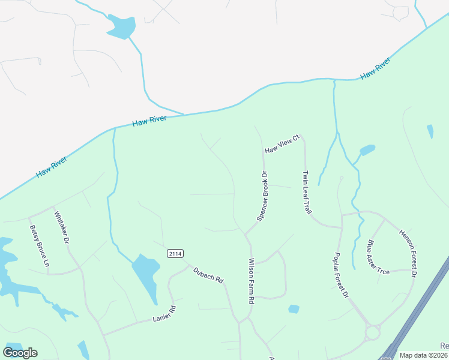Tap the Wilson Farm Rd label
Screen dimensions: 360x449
click(252, 280)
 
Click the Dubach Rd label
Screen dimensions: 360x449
click(208, 275)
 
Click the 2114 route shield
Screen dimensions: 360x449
click(175, 254)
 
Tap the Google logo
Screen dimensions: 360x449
click(20, 353)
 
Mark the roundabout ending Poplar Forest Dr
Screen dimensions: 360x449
click(372, 332)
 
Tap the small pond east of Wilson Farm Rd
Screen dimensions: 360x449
click(294, 309)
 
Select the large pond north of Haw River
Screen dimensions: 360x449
click(120, 25)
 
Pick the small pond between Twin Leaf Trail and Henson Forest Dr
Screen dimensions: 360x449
click(367, 149)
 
